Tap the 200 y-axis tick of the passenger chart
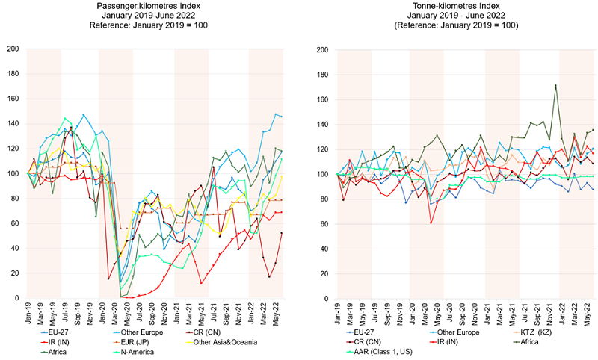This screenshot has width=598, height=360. pos(13,49)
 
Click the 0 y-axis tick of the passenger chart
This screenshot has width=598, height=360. pos(16,298)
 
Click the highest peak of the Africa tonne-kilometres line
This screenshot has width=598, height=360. pos(555,85)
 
